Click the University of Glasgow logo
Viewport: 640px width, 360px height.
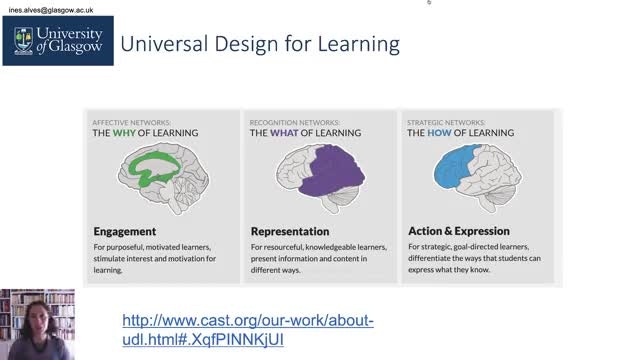tap(58, 41)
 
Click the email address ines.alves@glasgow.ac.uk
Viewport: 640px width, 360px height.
tap(51, 10)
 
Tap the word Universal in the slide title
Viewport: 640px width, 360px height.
tap(164, 44)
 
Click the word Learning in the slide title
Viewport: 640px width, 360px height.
tap(358, 44)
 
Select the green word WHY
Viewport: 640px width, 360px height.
tap(124, 133)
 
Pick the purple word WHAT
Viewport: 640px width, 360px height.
tap(284, 133)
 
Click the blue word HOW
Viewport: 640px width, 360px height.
tap(439, 133)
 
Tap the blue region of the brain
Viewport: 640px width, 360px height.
tap(451, 168)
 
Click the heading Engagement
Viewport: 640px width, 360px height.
tap(124, 231)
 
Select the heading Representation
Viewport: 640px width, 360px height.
tap(290, 231)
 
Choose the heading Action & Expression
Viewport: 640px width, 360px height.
tap(459, 231)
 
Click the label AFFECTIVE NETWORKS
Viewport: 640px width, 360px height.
tap(131, 122)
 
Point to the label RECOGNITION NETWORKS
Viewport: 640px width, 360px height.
tap(295, 122)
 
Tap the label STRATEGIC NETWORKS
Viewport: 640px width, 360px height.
tap(446, 122)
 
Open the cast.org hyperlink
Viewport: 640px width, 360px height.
tap(248, 330)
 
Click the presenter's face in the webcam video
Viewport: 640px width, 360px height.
tap(38, 318)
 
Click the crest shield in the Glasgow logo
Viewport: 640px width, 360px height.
tap(23, 40)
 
